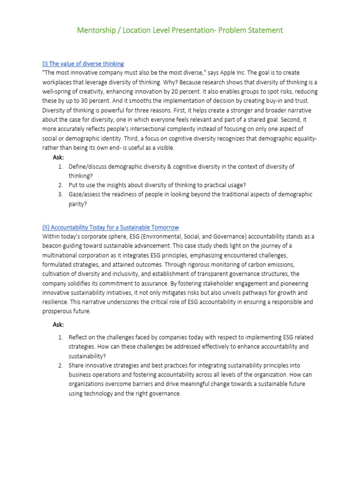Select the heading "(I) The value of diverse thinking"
pos(83,63)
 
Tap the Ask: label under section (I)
pos(59,157)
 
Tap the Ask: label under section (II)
pos(59,324)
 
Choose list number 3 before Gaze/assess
pos(60,195)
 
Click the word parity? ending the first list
pos(78,204)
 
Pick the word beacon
pos(53,246)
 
